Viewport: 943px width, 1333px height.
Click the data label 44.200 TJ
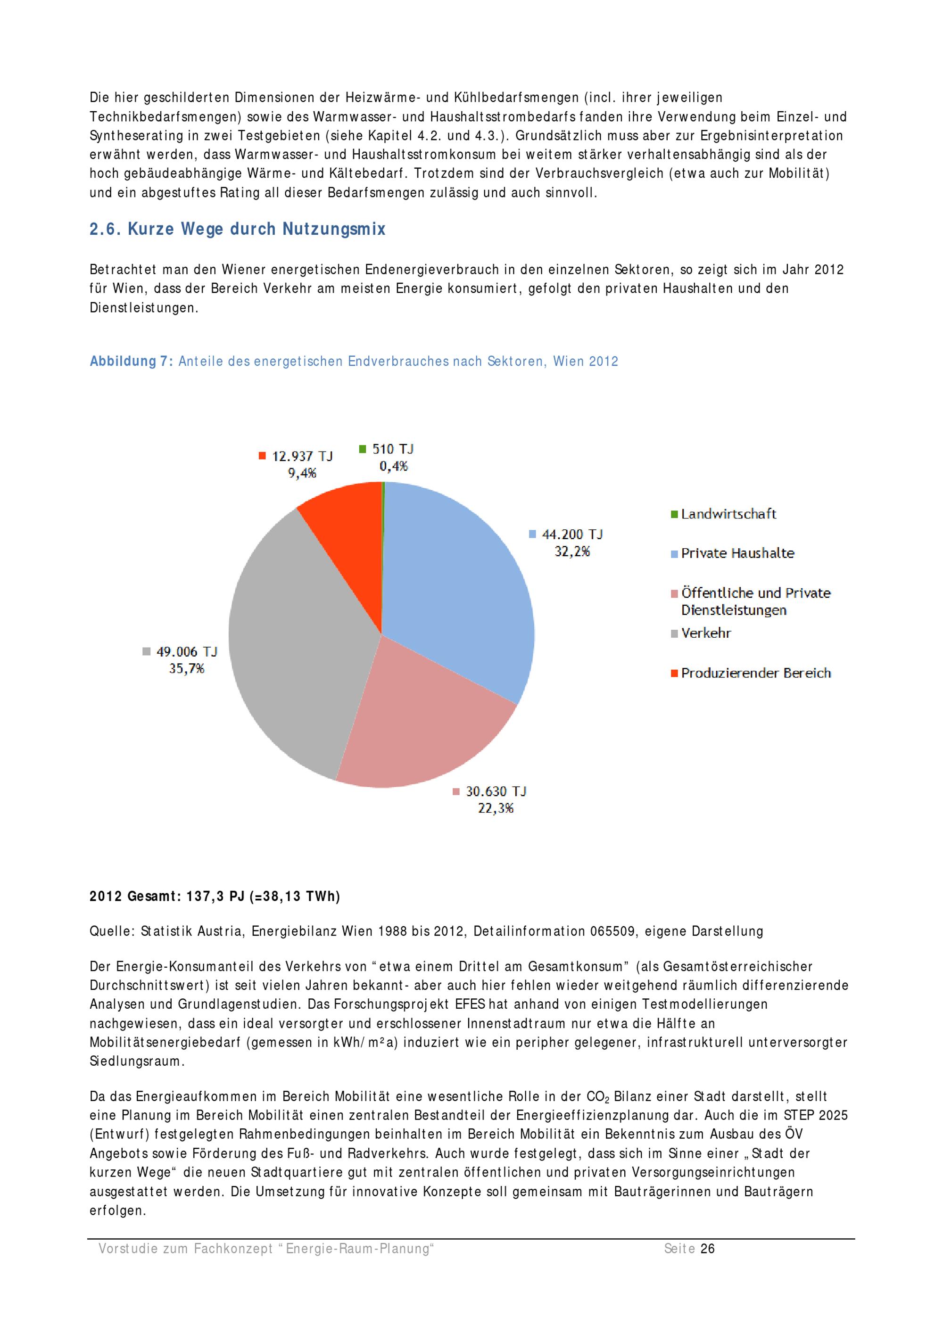click(572, 534)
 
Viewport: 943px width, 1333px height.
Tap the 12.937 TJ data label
click(302, 456)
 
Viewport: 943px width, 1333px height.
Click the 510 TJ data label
click(393, 449)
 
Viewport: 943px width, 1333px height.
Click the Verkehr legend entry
click(705, 633)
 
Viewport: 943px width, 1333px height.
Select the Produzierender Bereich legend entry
click(755, 673)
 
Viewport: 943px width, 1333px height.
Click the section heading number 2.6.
click(105, 230)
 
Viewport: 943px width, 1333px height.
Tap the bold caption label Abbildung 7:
click(131, 361)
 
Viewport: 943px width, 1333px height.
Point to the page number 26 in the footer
click(707, 1248)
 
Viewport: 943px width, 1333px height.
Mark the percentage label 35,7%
click(186, 669)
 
